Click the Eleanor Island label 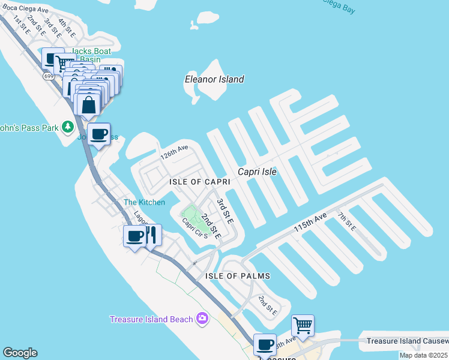point(214,79)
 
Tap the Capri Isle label point(257,172)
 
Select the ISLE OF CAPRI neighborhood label point(200,182)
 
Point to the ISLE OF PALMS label point(238,276)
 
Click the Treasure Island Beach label point(151,319)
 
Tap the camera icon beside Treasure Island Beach point(203,318)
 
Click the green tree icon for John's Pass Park point(69,127)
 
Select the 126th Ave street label point(174,152)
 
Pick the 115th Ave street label point(310,223)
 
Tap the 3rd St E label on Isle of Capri point(224,208)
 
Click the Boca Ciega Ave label point(25,10)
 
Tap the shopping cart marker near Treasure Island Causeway point(303,326)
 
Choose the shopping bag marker point(88,104)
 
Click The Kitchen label point(144,202)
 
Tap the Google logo point(20,353)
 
